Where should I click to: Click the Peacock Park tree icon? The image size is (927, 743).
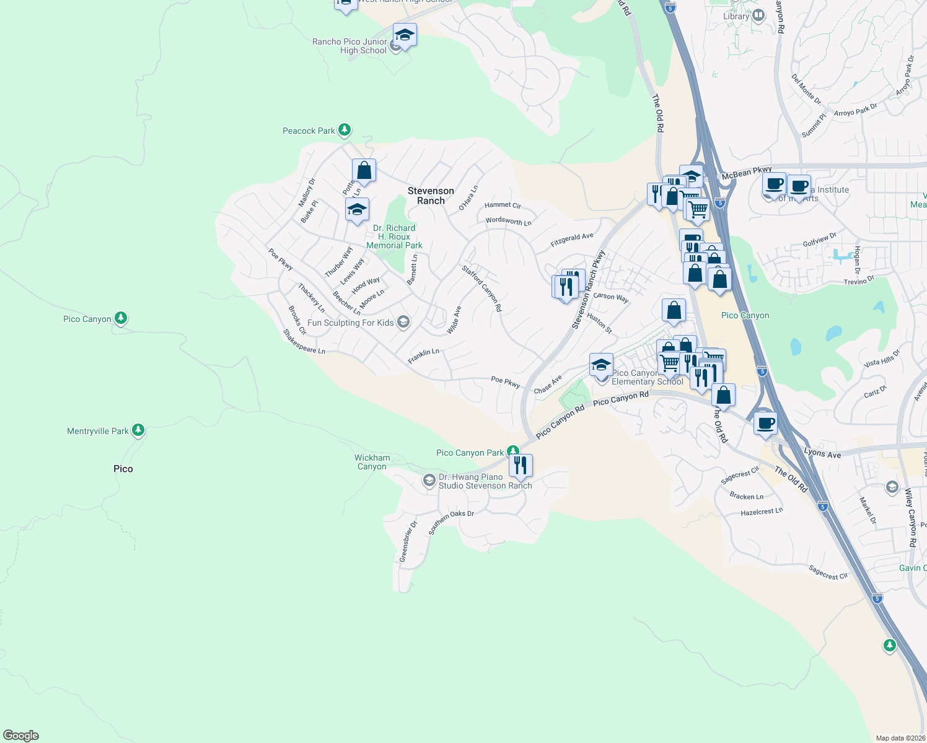pyautogui.click(x=345, y=130)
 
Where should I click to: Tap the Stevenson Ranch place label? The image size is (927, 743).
pyautogui.click(x=431, y=196)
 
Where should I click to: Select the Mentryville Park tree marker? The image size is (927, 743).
pyautogui.click(x=138, y=430)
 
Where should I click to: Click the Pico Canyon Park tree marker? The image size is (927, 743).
pyautogui.click(x=512, y=451)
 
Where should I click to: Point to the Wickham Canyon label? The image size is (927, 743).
pyautogui.click(x=372, y=462)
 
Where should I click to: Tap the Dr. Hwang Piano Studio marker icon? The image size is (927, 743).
pyautogui.click(x=429, y=480)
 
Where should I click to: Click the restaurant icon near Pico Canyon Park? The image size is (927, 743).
pyautogui.click(x=521, y=464)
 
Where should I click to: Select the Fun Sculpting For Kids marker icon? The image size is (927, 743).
pyautogui.click(x=403, y=321)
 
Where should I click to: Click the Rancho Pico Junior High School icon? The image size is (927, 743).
pyautogui.click(x=405, y=36)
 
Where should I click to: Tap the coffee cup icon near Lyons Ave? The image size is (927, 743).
pyautogui.click(x=766, y=424)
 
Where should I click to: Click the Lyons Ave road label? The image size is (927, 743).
pyautogui.click(x=822, y=453)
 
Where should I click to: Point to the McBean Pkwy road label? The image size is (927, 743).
pyautogui.click(x=747, y=173)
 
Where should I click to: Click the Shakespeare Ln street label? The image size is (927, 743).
pyautogui.click(x=304, y=342)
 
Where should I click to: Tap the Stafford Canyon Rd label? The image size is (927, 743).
pyautogui.click(x=481, y=288)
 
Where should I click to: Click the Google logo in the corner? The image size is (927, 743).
pyautogui.click(x=21, y=735)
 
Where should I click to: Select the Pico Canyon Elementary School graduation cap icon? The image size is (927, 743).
pyautogui.click(x=601, y=365)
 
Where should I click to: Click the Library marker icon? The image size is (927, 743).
pyautogui.click(x=758, y=15)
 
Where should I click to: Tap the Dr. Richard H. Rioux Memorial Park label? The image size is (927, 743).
pyautogui.click(x=394, y=237)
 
